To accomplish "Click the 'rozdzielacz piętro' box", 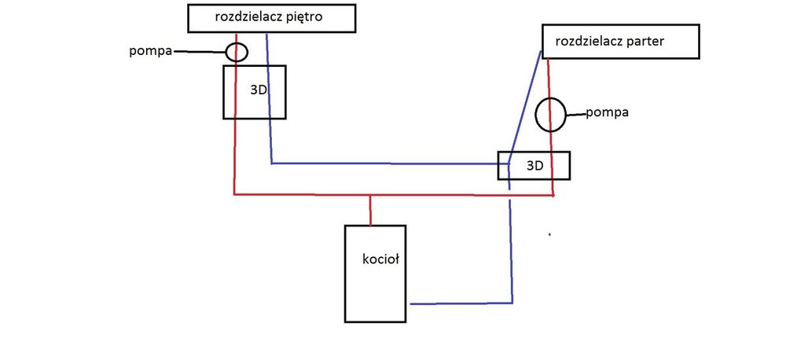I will click(270, 18).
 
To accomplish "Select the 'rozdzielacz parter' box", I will click(620, 42).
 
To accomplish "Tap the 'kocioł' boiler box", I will click(376, 274).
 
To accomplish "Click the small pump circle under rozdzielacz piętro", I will click(237, 53).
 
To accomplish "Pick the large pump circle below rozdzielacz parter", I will click(551, 114).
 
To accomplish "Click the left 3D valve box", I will click(254, 92).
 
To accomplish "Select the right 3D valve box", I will click(534, 165).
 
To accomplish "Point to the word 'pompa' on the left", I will click(152, 52).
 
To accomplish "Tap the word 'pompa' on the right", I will click(612, 113).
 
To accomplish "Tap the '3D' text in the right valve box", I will click(534, 166).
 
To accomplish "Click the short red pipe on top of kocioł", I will click(370, 210).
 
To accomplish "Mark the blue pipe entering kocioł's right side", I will click(460, 303).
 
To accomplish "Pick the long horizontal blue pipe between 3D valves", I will click(385, 163).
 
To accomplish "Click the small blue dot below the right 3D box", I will click(549, 234).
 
